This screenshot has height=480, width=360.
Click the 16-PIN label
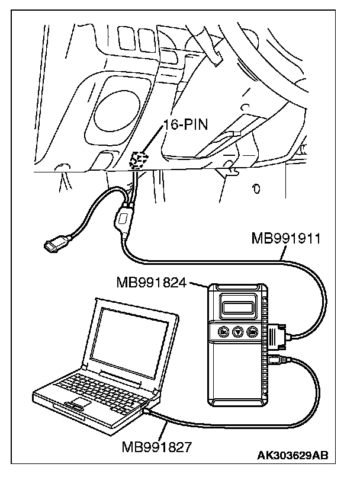coord(185,124)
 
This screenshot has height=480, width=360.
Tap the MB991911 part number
coord(286,238)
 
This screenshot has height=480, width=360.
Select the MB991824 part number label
coord(151,282)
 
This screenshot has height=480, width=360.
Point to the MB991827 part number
coord(156,447)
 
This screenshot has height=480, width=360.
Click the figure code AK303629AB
coord(292,455)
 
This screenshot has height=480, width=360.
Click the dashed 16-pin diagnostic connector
coord(139,161)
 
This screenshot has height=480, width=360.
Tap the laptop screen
coord(131,343)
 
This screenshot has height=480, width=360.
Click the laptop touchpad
coord(81,402)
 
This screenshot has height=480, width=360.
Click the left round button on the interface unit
coord(224,331)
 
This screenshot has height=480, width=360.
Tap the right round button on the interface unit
coord(252,331)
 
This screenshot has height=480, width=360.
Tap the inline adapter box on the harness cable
coord(123,219)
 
